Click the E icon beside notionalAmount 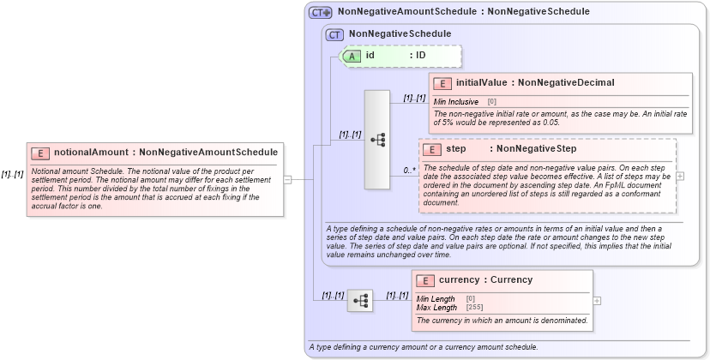coord(40,153)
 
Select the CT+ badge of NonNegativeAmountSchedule coord(321,12)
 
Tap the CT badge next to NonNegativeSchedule coord(334,34)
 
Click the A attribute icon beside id coord(352,56)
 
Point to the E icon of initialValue coord(442,83)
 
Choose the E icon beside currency coord(424,280)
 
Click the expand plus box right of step coord(680,176)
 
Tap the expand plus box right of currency coord(597,301)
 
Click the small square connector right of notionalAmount coord(287,180)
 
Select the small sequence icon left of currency coord(360,301)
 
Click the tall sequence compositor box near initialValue coord(377,139)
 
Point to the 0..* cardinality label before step coord(410,171)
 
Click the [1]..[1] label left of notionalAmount coord(12,174)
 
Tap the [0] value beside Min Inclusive coord(492,101)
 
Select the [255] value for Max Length coord(473,307)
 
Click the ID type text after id coord(421,56)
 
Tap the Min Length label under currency coord(436,299)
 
